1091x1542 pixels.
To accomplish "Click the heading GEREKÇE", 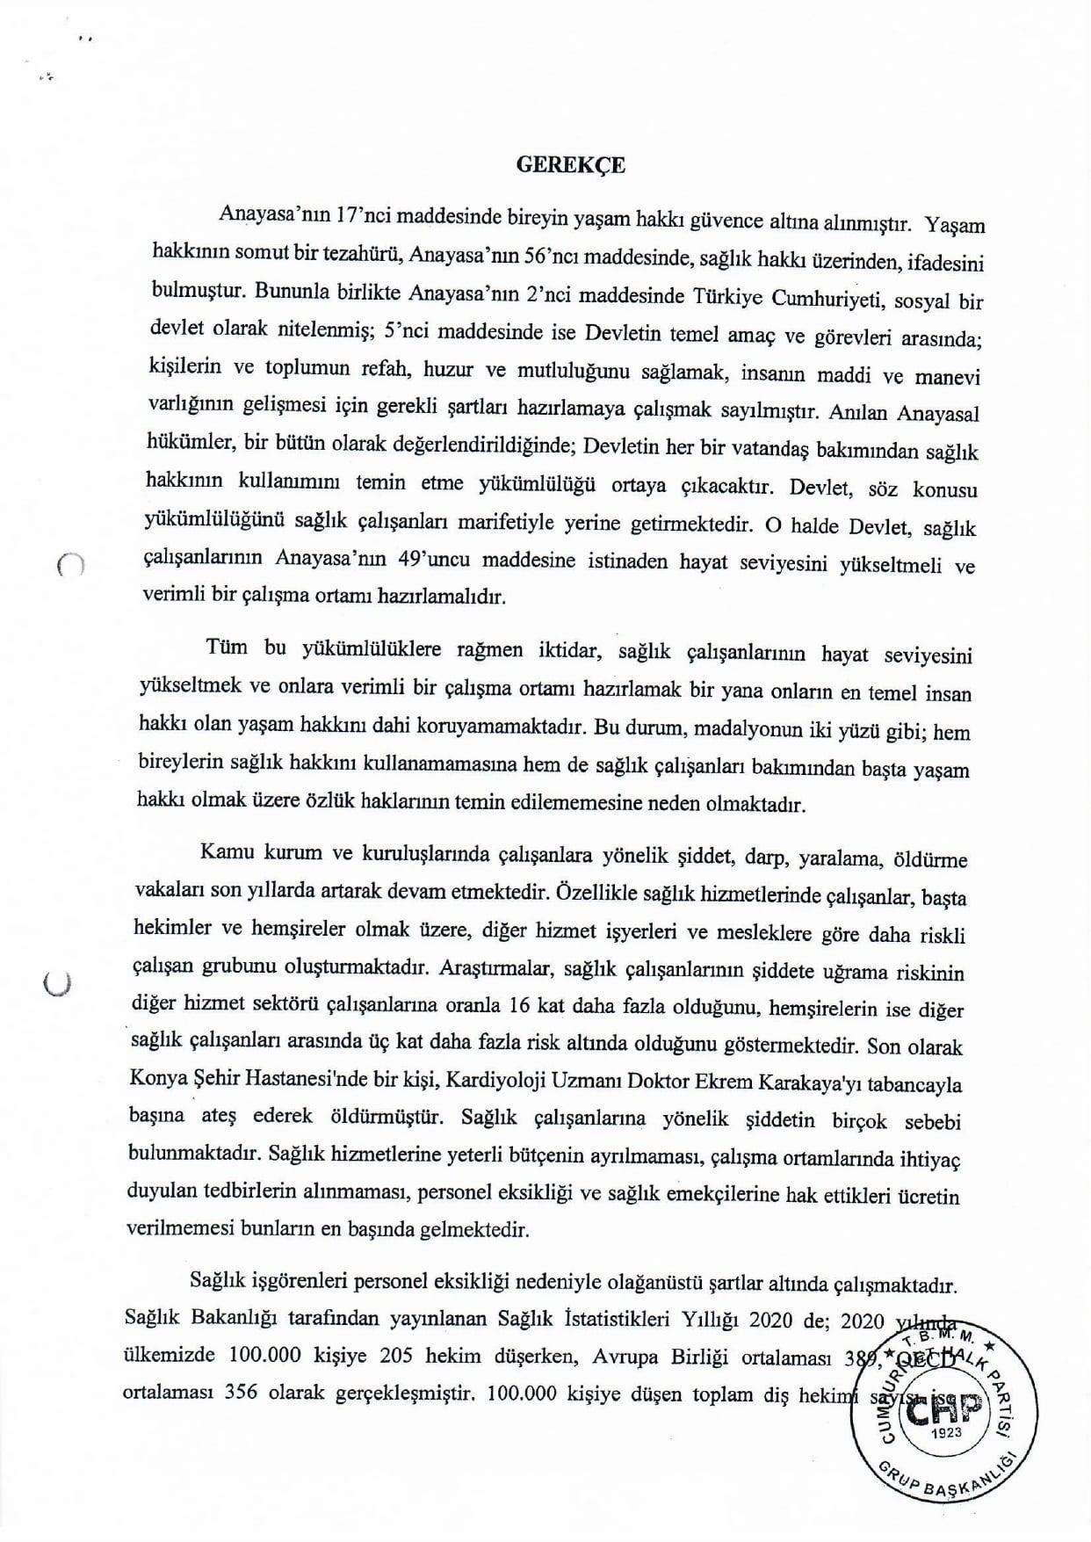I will [x=571, y=165].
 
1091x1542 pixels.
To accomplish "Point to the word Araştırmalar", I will [x=495, y=969].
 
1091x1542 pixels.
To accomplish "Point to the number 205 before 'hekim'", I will [x=397, y=1355].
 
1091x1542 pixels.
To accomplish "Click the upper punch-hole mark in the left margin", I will [x=69, y=566].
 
